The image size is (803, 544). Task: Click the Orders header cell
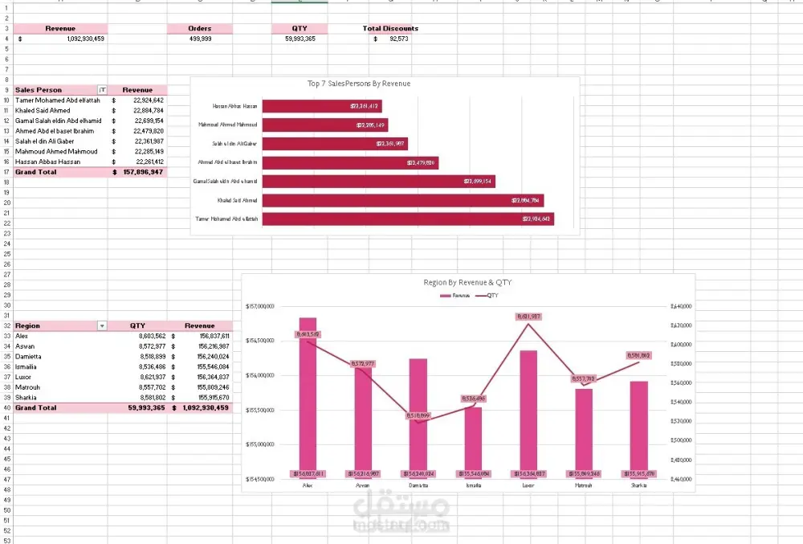pos(200,28)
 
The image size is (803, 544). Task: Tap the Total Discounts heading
pos(390,28)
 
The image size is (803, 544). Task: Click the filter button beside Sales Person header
pos(101,90)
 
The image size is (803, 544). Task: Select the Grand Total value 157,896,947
pos(143,172)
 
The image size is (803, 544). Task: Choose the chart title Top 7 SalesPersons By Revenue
pos(359,84)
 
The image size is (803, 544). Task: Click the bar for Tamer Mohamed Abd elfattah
pos(408,219)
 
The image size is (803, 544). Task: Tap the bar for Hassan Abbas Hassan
pos(321,106)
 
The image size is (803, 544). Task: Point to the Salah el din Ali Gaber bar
pos(335,144)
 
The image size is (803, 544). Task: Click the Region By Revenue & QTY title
pos(467,283)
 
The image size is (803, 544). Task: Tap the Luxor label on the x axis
pos(528,485)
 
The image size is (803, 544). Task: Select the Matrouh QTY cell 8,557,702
pos(147,387)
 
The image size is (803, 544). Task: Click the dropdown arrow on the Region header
pos(101,326)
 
